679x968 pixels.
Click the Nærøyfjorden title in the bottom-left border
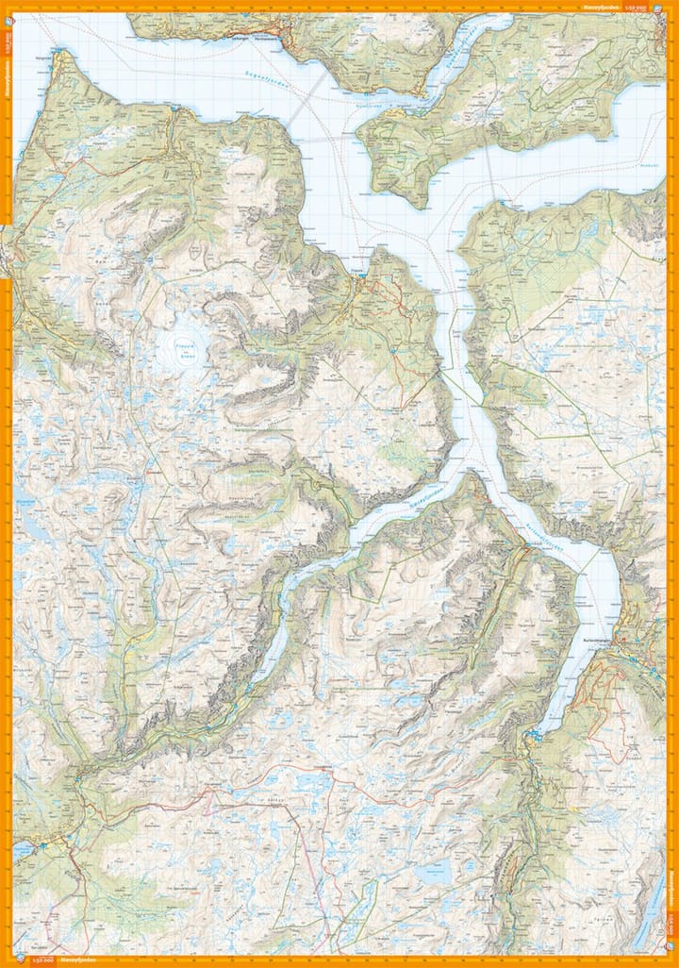(75, 960)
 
